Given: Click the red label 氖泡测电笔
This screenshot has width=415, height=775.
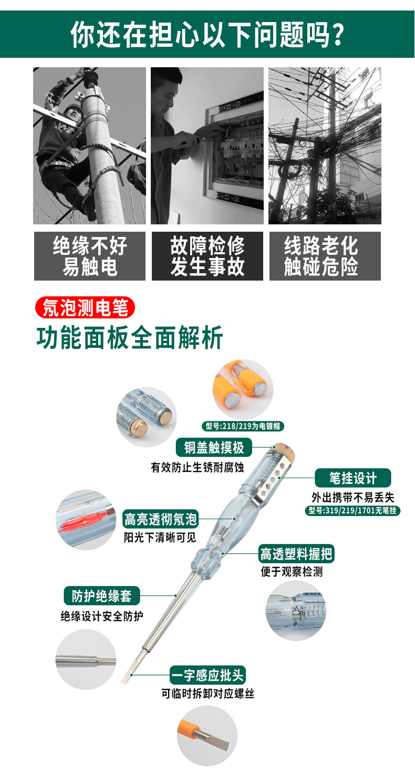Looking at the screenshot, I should tap(85, 308).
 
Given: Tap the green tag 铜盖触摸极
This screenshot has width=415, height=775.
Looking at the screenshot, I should tap(214, 447).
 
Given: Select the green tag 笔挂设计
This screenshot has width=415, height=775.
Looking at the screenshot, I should tap(353, 478).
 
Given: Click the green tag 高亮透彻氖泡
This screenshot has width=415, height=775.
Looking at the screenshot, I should tap(160, 519).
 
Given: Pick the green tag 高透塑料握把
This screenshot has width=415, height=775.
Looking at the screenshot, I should tap(297, 554).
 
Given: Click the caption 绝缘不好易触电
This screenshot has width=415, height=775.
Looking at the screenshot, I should tap(90, 256).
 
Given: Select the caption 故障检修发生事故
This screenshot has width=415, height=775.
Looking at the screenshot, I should tap(207, 256).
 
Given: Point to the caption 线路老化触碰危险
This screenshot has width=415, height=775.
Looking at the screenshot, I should tap(325, 256).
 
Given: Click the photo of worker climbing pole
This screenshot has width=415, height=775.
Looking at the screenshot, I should tap(90, 146).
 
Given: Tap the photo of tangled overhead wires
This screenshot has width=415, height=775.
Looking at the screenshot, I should tap(325, 146).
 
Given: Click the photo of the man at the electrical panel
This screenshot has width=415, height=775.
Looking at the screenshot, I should tap(207, 146).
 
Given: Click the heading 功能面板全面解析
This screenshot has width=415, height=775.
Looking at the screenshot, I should tap(130, 338).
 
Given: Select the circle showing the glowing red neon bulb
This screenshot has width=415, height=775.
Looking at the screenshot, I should tap(86, 520).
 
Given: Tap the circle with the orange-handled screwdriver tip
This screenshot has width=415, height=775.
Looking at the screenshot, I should tap(207, 735).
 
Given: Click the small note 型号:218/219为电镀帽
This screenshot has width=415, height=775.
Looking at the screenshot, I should tap(243, 426).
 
